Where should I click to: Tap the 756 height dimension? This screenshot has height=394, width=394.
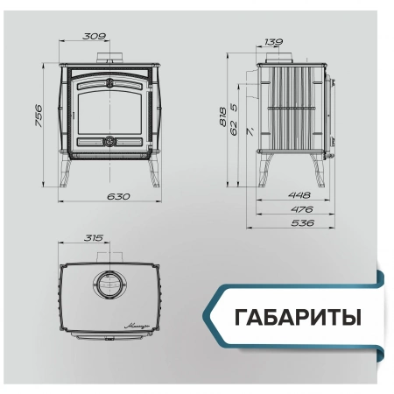tap(39, 118)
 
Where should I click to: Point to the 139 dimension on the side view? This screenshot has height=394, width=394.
tap(273, 42)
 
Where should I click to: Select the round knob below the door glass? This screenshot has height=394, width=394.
tap(110, 140)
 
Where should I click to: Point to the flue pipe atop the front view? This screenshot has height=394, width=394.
tap(110, 60)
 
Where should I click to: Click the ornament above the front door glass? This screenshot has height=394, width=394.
tap(110, 83)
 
